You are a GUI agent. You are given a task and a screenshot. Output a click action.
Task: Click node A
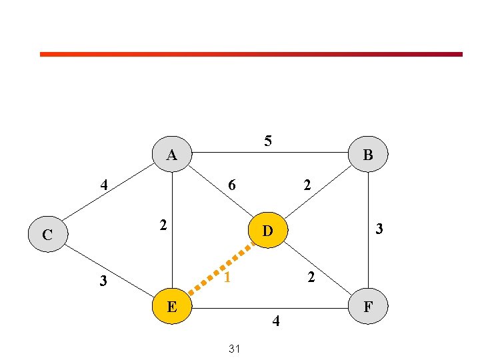172,154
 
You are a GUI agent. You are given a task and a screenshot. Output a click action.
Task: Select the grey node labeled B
368,154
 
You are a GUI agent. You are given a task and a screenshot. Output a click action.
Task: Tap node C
48,234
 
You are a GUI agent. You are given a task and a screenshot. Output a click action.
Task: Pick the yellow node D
268,230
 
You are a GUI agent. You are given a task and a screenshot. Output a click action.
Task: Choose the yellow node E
172,306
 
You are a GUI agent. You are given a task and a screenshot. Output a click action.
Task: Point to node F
368,306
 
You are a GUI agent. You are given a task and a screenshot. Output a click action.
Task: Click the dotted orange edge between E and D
221,268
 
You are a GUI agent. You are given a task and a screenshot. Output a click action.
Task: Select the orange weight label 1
227,277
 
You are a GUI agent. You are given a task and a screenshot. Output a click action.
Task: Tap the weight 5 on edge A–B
268,141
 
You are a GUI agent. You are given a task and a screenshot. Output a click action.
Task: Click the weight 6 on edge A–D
232,185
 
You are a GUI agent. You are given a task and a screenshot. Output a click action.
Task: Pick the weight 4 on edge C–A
104,185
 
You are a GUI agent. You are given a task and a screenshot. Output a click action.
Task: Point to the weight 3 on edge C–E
103,281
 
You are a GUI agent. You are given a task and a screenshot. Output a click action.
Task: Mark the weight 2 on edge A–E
163,225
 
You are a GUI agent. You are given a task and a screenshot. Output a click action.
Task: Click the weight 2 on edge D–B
307,185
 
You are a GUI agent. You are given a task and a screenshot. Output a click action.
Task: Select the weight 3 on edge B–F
379,229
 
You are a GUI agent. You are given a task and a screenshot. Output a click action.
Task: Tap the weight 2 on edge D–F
311,277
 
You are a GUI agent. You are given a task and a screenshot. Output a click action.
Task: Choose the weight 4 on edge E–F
276,321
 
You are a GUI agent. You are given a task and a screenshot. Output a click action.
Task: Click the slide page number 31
234,349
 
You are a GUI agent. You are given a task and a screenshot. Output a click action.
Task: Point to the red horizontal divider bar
251,54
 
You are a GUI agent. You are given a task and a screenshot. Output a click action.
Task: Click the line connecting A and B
270,152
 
